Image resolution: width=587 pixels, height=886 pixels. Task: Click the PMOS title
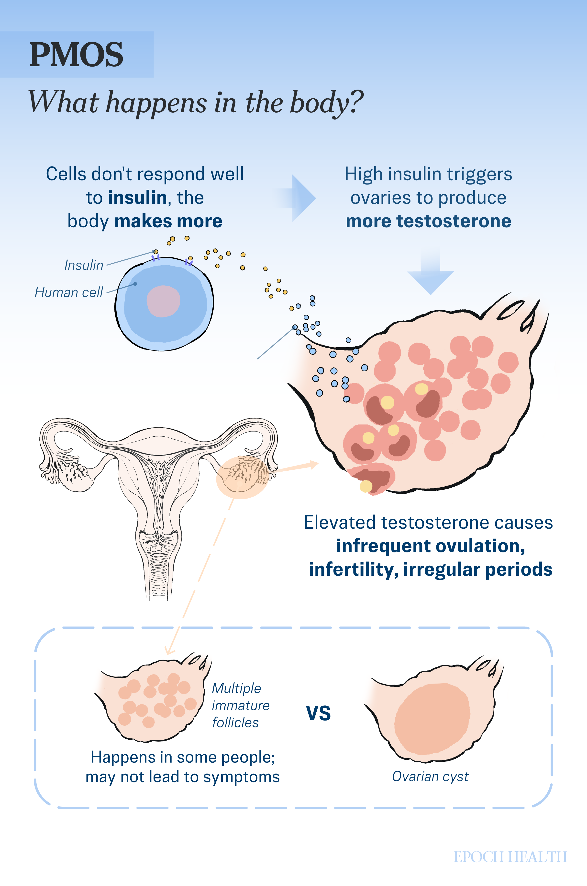(x=76, y=55)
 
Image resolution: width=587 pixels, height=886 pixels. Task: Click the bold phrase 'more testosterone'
(x=428, y=221)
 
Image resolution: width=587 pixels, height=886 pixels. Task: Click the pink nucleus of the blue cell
(x=163, y=301)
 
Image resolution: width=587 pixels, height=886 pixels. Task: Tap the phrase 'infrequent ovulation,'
(x=431, y=546)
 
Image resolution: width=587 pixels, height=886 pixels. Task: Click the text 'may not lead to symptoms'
(x=183, y=777)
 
